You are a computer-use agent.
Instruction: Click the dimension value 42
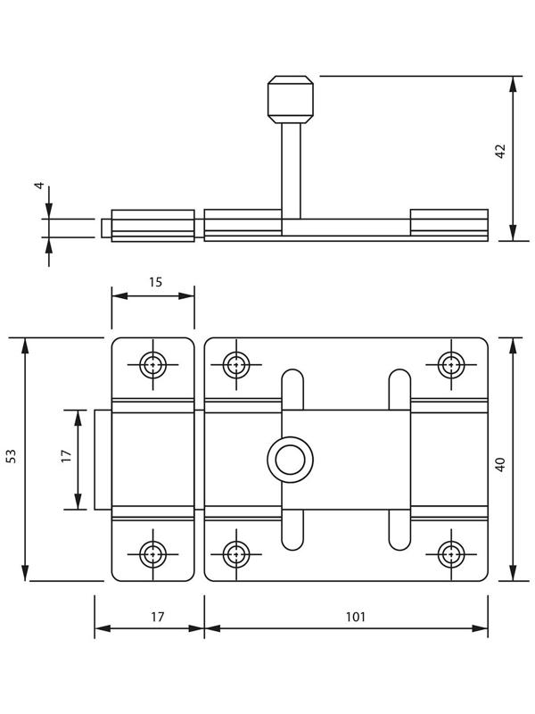coord(500,151)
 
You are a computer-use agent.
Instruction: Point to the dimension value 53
coord(12,456)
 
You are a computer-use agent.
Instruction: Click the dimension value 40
coord(500,464)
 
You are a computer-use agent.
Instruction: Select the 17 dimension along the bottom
coord(157,616)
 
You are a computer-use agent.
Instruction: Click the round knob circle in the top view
coord(289,461)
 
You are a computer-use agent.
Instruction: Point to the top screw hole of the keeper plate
coord(153,364)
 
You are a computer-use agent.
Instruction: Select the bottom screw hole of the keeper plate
coord(153,554)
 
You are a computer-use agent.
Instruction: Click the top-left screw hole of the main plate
coord(235,364)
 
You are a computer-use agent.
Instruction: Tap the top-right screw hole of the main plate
coord(452,364)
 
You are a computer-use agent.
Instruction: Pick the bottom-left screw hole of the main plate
coord(235,554)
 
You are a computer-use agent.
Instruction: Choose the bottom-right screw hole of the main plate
coord(452,554)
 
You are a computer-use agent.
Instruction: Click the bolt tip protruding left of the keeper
coord(103,459)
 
